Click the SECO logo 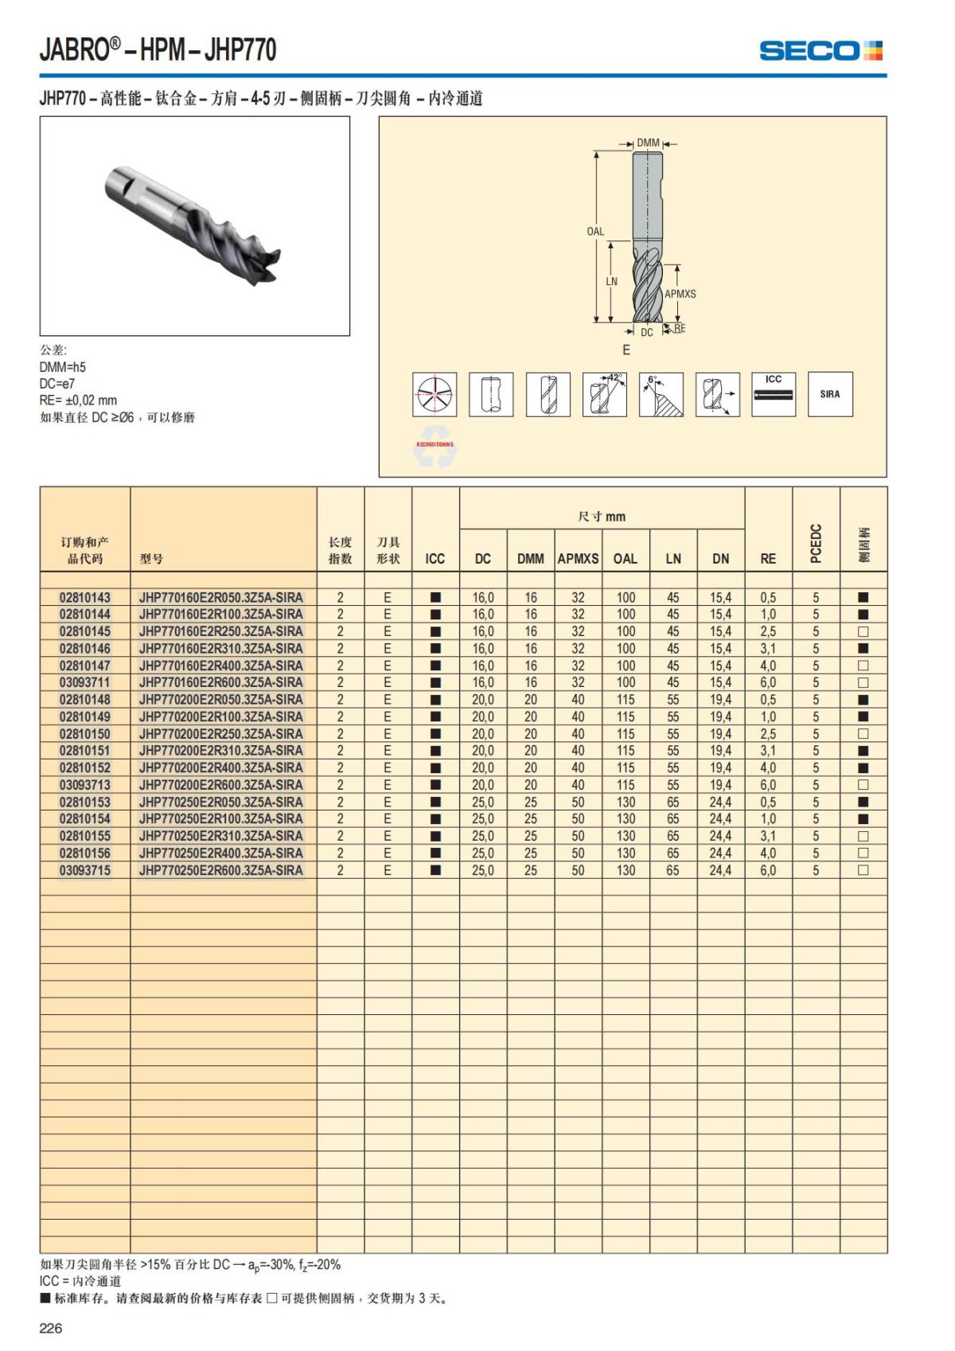pos(821,51)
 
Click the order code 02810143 pos(85,597)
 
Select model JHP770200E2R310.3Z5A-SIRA pos(220,751)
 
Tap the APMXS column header pos(578,559)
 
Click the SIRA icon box pos(830,394)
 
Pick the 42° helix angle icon pos(605,394)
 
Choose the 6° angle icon pos(661,394)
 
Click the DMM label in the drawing pos(649,143)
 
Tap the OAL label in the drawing pos(595,232)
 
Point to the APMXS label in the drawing pos(680,294)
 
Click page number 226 pos(51,1328)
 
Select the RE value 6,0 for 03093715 pos(768,871)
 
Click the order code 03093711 pos(85,682)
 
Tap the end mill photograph pos(195,226)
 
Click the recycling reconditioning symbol pos(435,451)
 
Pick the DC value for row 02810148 pos(483,700)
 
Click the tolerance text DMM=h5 pos(63,367)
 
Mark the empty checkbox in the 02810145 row pos(863,631)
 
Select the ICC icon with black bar pos(774,394)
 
